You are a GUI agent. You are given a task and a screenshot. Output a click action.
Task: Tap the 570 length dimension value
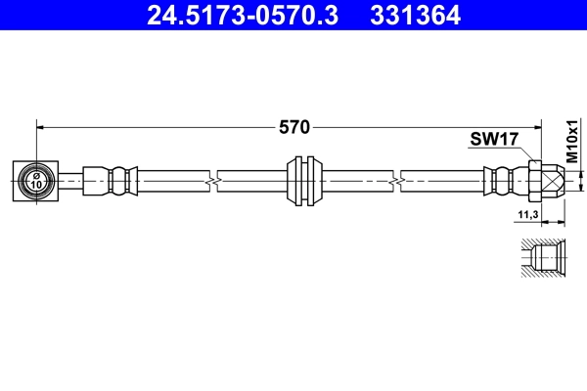point(293,126)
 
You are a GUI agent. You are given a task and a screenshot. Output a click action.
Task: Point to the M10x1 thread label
point(572,146)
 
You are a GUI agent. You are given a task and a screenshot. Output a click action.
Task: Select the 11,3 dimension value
point(529,213)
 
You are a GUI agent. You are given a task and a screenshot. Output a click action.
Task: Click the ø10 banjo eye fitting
point(36,180)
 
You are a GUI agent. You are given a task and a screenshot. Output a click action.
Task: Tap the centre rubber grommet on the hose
point(306,180)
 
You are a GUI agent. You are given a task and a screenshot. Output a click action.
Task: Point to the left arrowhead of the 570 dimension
point(42,126)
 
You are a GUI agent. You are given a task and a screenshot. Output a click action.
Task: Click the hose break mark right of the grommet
point(396,180)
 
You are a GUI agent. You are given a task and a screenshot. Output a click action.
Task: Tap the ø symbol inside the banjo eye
point(36,174)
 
